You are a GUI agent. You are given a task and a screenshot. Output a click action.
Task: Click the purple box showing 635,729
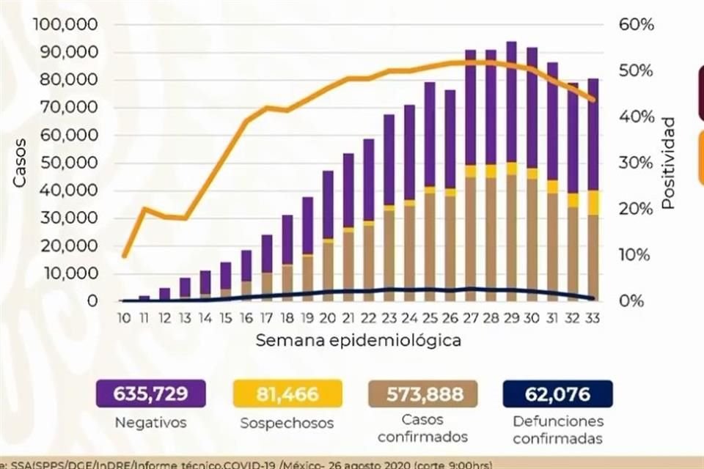150,394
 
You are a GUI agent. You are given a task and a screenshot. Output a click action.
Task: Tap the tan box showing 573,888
422,394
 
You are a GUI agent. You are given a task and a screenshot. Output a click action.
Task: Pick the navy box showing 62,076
557,394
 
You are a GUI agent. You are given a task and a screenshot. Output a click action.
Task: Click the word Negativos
150,423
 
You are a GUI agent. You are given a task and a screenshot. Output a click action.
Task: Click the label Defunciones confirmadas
557,429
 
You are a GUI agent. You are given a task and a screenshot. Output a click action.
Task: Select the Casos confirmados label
422,429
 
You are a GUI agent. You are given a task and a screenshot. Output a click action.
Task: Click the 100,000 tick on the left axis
66,25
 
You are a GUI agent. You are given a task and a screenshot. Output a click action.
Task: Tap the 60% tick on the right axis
635,25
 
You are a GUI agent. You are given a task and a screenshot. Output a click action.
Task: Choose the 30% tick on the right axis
635,163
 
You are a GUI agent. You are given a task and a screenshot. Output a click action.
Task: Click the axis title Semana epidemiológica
359,341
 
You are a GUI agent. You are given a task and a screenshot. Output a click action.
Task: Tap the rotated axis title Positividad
667,163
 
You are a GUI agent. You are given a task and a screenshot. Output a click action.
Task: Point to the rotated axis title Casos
20,163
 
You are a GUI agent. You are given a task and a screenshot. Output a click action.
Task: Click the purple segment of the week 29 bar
512,103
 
